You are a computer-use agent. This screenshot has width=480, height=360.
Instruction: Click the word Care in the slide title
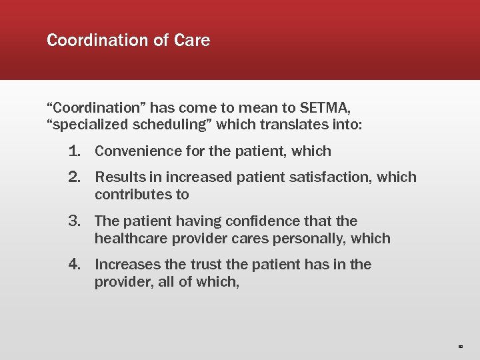click(192, 41)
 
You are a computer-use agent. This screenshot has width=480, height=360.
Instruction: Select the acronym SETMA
click(327, 107)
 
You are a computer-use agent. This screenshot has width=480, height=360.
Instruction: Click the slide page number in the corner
click(460, 347)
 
